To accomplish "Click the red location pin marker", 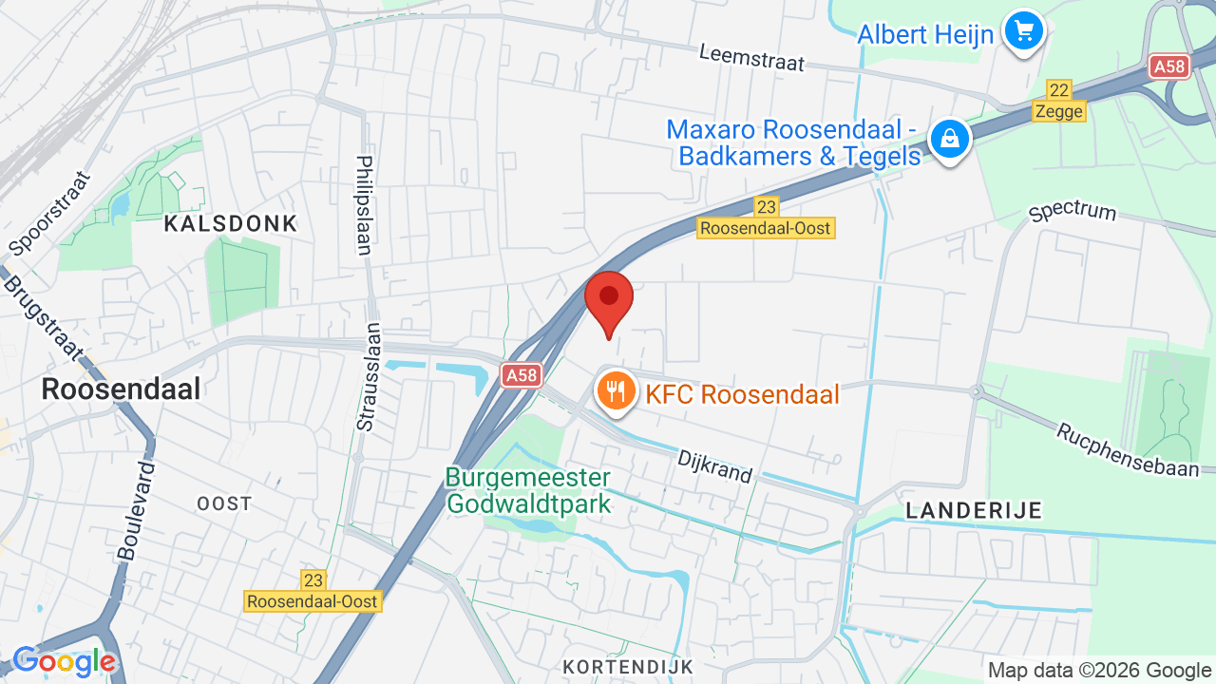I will pos(609,298).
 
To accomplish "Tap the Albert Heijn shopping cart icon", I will pos(1023,32).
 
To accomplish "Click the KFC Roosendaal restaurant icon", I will pos(616,390).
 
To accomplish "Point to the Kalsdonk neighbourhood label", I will pos(231,224).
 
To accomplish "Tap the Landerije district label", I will pos(974,510).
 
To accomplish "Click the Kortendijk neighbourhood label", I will pos(628,667).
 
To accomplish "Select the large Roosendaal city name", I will pos(122,389).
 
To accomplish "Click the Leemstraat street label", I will pos(751,58).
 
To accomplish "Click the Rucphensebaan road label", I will pos(1134,448).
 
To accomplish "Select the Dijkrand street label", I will pos(714,466).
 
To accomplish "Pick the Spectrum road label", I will pos(1073,210).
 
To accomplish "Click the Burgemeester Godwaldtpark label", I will pos(528,490).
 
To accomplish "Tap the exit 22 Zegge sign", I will pos(1058,102).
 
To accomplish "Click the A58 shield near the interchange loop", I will pos(1168,66).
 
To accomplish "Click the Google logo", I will pos(64,662).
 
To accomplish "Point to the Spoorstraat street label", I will pos(48,215).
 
